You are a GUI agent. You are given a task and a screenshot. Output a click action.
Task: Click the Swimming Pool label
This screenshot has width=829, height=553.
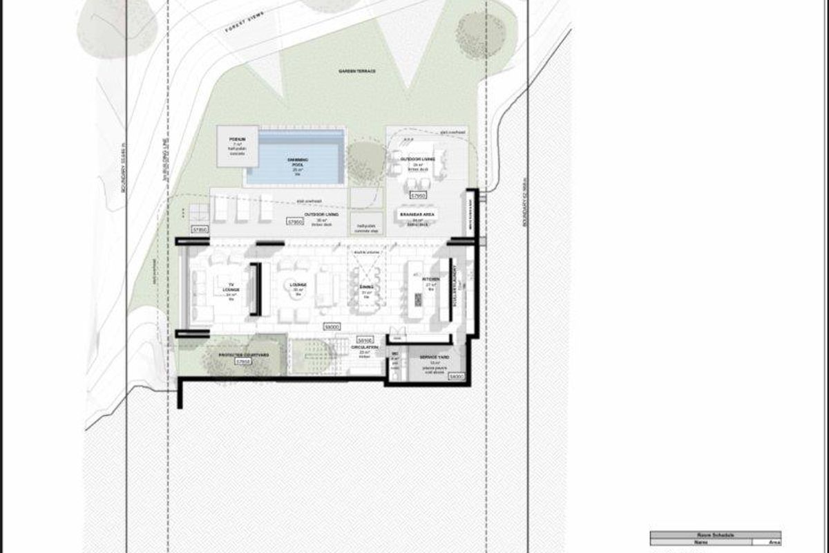click(x=298, y=160)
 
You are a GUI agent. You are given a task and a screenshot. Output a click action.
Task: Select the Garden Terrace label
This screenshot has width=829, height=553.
click(x=352, y=71)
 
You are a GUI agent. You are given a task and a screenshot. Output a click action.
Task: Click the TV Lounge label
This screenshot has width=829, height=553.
click(x=230, y=289)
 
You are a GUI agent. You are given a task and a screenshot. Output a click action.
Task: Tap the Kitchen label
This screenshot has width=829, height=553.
click(x=430, y=279)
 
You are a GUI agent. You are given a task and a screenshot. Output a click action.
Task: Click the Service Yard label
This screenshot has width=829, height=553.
click(x=435, y=357)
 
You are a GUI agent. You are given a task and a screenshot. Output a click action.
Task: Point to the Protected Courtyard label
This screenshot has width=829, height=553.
click(x=242, y=355)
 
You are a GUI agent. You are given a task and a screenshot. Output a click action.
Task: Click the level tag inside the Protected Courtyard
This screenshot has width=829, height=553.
click(x=242, y=362)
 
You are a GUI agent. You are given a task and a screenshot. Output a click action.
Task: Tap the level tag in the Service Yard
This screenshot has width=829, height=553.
click(x=456, y=377)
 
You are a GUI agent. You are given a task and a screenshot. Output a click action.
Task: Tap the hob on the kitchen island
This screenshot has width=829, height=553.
click(x=418, y=299)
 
